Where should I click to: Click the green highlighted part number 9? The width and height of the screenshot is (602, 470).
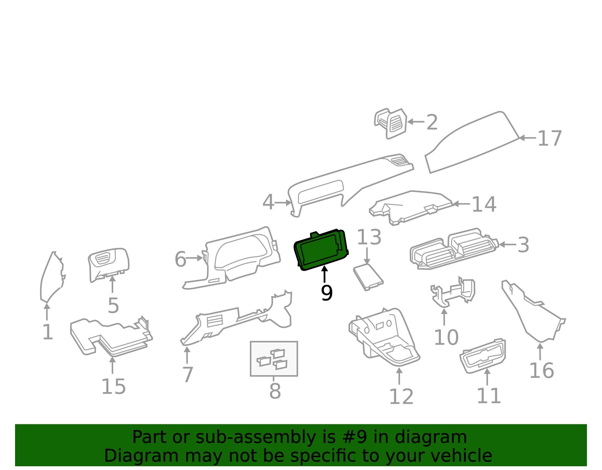coord(321,250)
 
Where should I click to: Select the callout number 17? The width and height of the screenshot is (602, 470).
coord(549,138)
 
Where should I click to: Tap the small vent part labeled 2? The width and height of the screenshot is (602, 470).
coord(390,123)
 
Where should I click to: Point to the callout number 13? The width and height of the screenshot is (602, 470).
coord(369,237)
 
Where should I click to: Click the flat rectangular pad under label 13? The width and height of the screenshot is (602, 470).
coord(368,277)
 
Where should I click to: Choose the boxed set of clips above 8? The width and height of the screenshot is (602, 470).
coord(274,359)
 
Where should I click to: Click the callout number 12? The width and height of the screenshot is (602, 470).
coord(401,397)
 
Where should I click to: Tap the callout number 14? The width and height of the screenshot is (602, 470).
coord(484,204)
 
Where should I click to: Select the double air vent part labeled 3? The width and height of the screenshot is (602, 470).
coord(455,249)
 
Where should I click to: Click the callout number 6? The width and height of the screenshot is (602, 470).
coord(180,259)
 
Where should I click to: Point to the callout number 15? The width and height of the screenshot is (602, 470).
coord(114,386)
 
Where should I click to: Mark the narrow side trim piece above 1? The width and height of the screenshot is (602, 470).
coord(52,277)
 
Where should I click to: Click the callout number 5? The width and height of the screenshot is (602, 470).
coord(113,306)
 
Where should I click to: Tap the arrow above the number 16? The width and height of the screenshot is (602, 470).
coord(540,351)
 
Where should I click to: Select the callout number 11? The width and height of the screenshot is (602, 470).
coord(489,396)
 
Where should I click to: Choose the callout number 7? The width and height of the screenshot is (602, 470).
coord(187,374)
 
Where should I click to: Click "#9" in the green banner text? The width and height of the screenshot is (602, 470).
coord(358,437)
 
